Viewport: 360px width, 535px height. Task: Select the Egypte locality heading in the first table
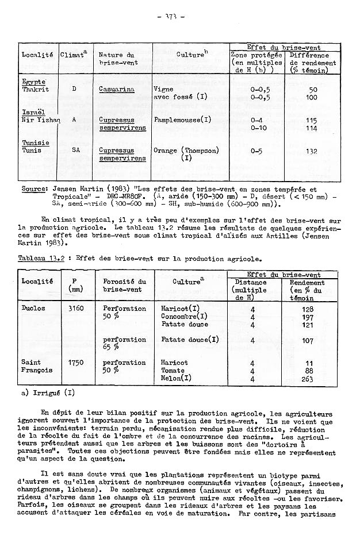(x=33, y=82)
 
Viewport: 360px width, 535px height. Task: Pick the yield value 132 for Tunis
(x=312, y=151)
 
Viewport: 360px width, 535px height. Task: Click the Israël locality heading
(x=33, y=113)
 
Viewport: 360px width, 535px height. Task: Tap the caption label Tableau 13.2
(x=39, y=259)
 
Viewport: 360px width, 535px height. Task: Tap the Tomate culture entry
(x=172, y=371)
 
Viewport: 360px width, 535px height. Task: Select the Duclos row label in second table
(x=33, y=309)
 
